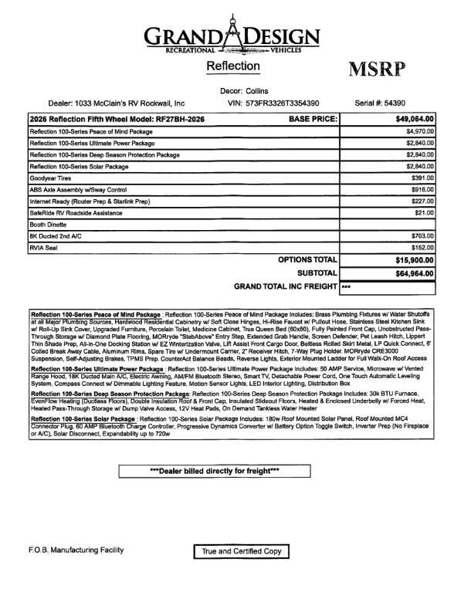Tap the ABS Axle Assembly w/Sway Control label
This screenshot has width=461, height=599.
[x=77, y=190]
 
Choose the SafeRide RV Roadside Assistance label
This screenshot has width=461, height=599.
[x=77, y=213]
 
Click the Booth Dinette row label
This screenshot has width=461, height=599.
[x=49, y=225]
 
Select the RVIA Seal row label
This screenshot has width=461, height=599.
[x=44, y=248]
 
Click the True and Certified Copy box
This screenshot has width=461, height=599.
[x=240, y=551]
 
